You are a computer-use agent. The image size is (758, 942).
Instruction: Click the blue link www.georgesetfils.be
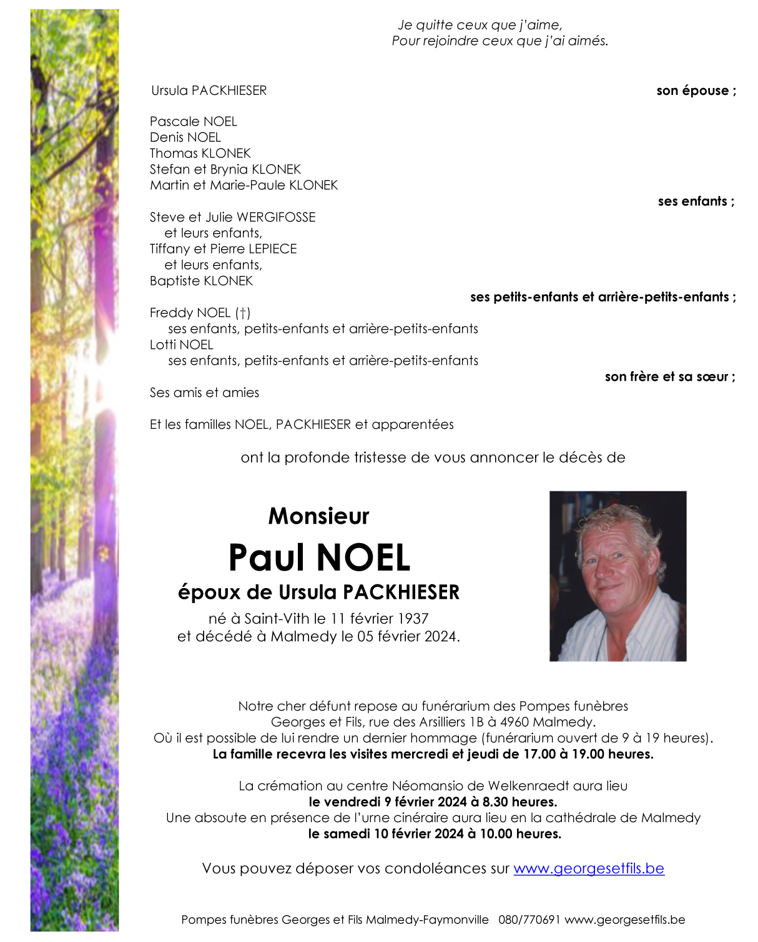(588, 868)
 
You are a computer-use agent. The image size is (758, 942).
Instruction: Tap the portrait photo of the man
(618, 576)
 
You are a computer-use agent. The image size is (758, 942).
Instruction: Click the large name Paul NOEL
(319, 557)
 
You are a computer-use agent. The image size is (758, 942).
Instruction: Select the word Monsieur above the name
(318, 516)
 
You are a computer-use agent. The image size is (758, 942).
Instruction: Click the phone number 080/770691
(529, 920)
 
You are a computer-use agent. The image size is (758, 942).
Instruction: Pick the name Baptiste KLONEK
(201, 281)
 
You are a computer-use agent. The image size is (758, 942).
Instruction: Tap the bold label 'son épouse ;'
(696, 91)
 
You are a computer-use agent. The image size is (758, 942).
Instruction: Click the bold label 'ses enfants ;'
(696, 201)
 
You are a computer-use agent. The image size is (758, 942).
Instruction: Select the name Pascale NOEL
(194, 121)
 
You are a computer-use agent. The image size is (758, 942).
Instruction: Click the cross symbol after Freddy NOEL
(243, 313)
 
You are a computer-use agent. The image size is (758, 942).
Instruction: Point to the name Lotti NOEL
(181, 345)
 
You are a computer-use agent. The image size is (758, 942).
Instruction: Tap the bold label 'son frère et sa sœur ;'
(669, 376)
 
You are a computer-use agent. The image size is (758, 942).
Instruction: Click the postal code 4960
(515, 722)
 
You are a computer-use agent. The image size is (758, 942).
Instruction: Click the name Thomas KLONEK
(200, 154)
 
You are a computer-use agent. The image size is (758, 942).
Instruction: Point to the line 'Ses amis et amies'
(204, 393)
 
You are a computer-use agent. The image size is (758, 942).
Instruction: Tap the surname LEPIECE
(272, 249)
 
